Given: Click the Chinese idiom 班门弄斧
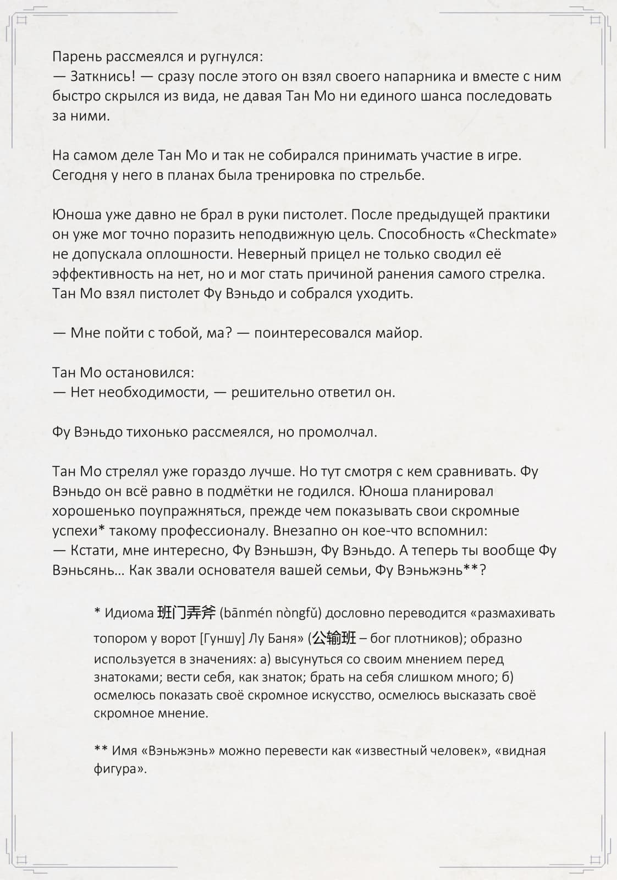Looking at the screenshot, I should [186, 612].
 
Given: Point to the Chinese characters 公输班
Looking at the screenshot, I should [334, 638].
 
